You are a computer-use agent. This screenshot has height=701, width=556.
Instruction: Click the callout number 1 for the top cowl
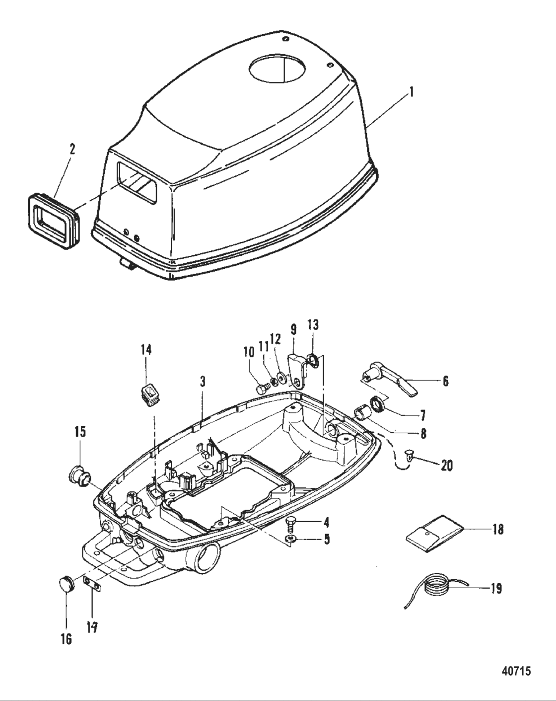[412, 92]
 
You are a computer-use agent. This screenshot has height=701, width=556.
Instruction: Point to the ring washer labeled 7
[378, 404]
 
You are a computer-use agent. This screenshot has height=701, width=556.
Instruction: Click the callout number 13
[313, 325]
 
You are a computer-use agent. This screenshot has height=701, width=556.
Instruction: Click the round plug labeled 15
[77, 476]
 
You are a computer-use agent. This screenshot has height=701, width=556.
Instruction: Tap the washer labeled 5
[290, 539]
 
